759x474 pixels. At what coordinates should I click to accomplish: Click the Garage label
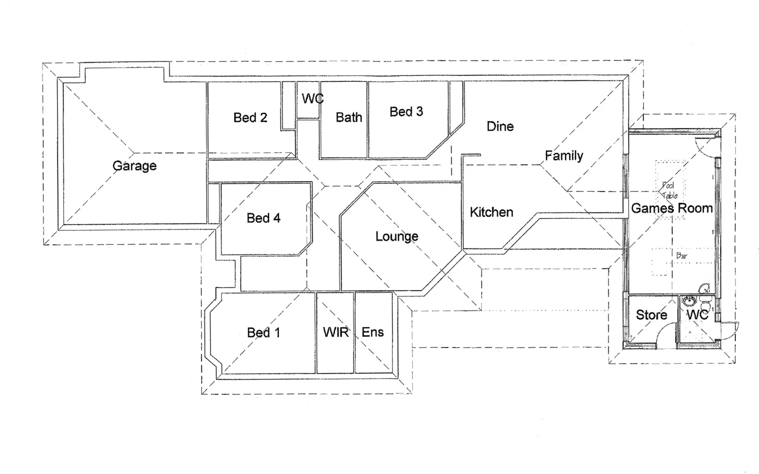[134, 166]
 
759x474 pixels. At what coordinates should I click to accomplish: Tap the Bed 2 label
[250, 118]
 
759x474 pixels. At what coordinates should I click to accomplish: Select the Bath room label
[349, 117]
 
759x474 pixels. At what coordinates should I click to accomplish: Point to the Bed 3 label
[406, 112]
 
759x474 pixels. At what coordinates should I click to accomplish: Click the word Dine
[500, 126]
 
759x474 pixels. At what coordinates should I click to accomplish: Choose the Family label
[564, 155]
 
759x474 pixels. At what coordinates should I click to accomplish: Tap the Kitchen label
[491, 212]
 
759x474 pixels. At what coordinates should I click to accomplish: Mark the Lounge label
[397, 237]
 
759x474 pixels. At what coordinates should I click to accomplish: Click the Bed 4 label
[263, 218]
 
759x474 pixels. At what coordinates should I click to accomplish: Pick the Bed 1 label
[263, 333]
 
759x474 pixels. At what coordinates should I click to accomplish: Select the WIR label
[336, 332]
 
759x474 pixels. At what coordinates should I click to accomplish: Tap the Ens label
[372, 332]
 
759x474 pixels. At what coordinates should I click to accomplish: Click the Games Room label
[672, 208]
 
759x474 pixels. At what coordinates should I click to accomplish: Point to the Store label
[652, 315]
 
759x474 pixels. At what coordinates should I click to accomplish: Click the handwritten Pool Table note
[669, 190]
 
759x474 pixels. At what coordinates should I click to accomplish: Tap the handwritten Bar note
[682, 255]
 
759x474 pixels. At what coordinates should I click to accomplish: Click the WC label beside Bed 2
[312, 99]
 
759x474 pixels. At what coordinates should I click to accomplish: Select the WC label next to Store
[697, 315]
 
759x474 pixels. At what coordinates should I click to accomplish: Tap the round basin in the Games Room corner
[705, 289]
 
